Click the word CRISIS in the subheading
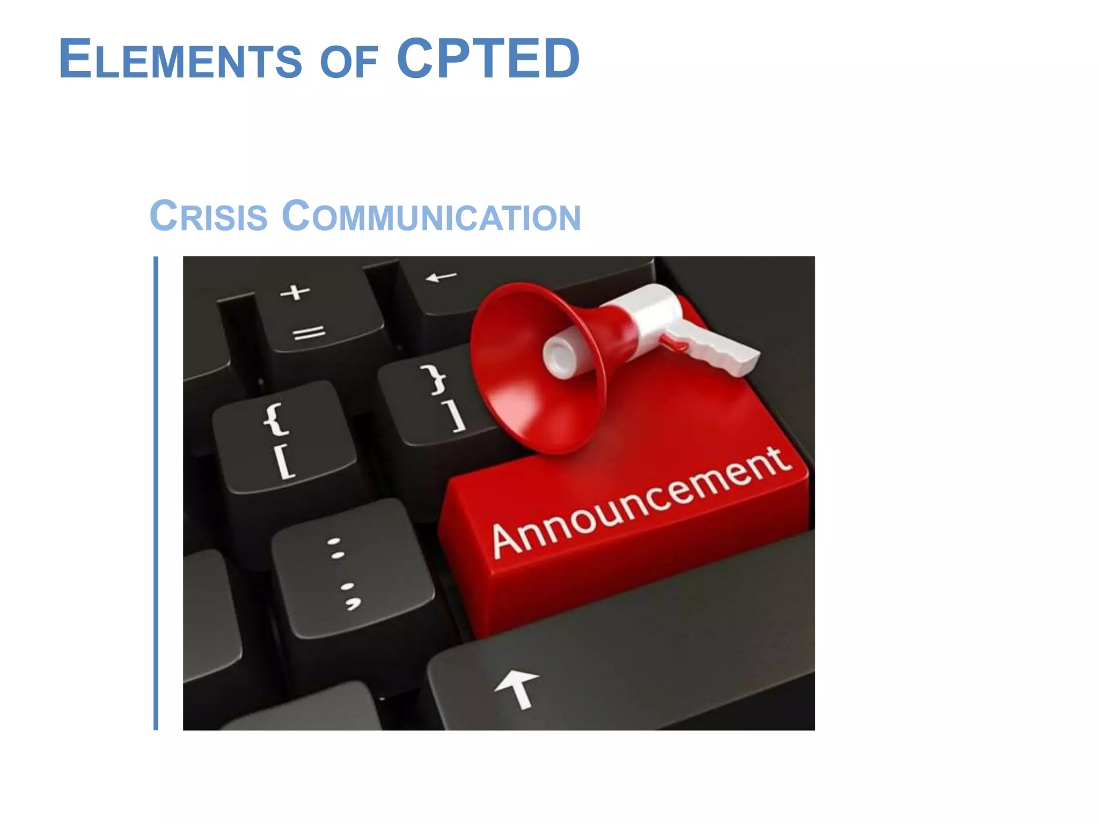(208, 216)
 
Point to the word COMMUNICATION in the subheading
(431, 216)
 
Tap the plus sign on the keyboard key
(295, 292)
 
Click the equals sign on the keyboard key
(309, 333)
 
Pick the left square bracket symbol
(284, 462)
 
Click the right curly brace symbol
(435, 379)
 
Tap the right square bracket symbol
(456, 417)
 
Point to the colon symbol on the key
(336, 548)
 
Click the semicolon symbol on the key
(350, 595)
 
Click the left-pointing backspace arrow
(441, 277)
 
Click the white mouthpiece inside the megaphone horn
(561, 355)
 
